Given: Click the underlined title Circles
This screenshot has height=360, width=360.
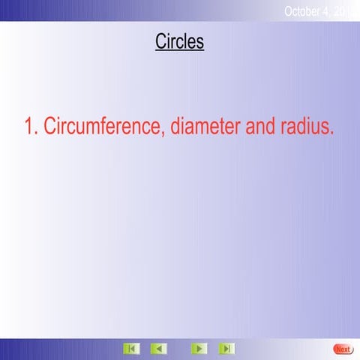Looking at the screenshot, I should point(179,42).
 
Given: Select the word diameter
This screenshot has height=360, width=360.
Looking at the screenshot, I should point(205,127).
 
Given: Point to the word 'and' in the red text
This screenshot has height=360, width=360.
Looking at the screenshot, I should point(259,127).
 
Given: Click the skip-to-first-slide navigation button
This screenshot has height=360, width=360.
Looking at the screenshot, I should point(131,349).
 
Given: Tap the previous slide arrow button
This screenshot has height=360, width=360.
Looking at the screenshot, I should point(158,349).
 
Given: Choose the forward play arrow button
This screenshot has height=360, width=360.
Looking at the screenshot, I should point(199,349).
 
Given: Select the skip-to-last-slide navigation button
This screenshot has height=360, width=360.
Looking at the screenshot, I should point(226,349).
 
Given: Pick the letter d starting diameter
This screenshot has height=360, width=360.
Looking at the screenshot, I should point(175,127).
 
